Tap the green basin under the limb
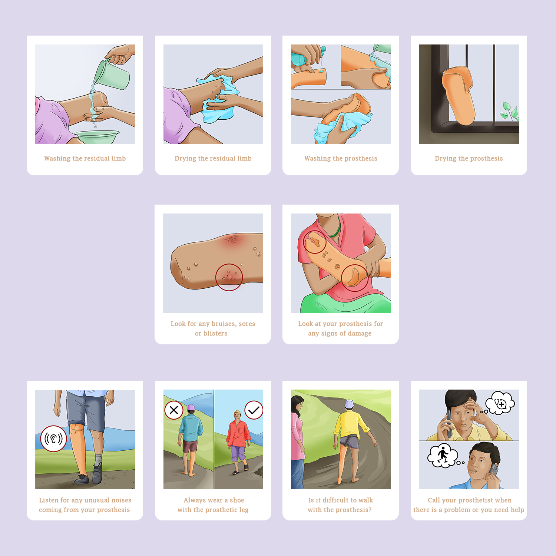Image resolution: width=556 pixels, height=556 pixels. point(97,137)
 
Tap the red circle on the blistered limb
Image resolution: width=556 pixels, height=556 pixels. point(229,277)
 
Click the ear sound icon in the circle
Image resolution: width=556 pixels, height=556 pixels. point(54,438)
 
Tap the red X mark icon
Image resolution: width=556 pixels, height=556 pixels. point(174,410)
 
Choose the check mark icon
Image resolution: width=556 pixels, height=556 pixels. point(254,410)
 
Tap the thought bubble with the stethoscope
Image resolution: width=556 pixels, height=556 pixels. point(500,403)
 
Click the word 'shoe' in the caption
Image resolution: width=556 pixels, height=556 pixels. point(237,500)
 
